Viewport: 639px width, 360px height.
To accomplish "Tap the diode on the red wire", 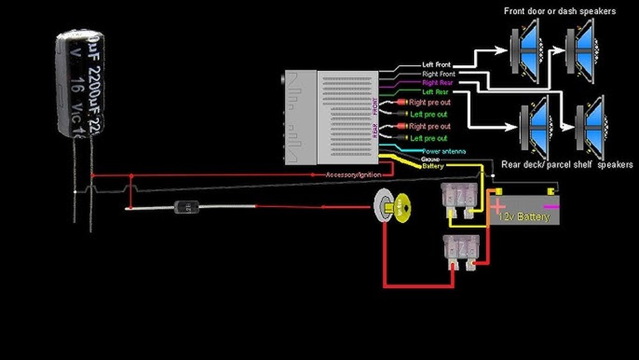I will [x=184, y=207].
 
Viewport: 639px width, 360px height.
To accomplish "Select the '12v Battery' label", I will [x=525, y=217].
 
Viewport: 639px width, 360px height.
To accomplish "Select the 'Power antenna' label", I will [x=443, y=152].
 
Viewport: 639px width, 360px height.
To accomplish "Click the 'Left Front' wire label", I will [x=436, y=65].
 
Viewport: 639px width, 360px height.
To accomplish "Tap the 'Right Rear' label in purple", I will [x=437, y=83].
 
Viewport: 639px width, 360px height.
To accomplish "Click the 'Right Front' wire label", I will [x=439, y=74].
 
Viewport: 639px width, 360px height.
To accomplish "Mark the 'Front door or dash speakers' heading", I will [x=560, y=11].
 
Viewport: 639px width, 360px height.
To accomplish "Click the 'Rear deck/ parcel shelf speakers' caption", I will [x=567, y=164].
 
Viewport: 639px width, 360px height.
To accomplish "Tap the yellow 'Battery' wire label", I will [x=433, y=166].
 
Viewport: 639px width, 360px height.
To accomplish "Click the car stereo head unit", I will [x=332, y=118].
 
